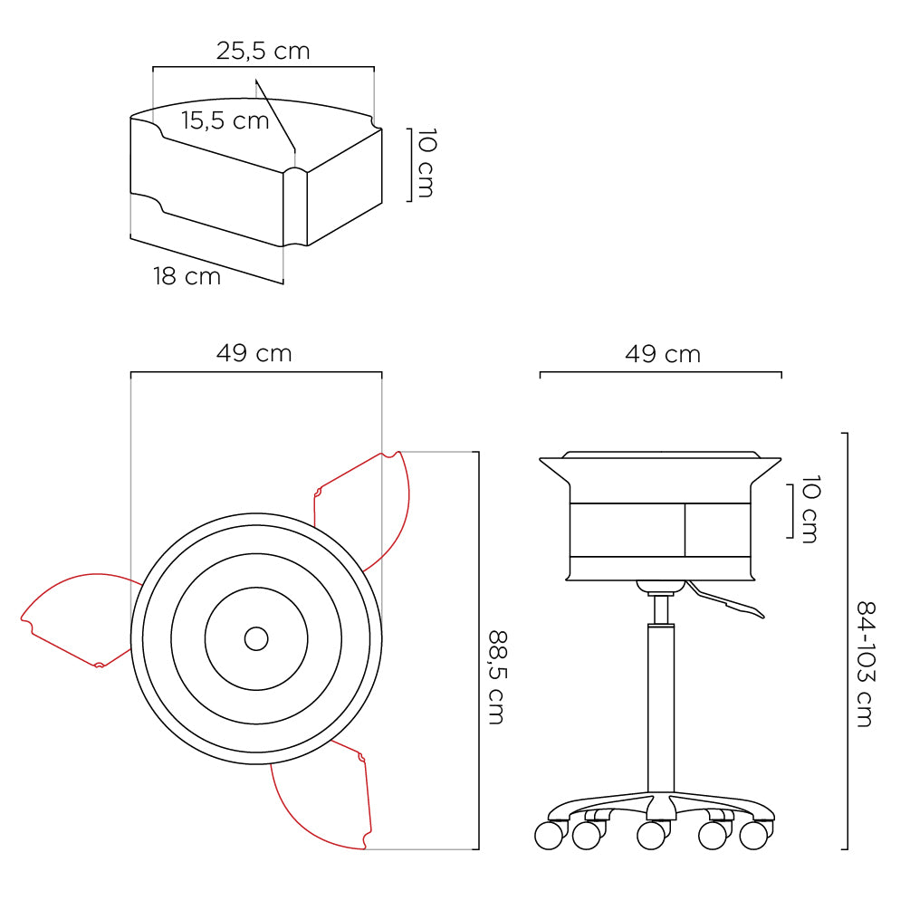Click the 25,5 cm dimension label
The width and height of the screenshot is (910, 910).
(x=263, y=51)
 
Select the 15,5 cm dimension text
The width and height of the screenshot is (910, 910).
(x=225, y=120)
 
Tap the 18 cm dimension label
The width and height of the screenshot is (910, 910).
(x=187, y=276)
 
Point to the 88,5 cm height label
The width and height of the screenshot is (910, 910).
(x=497, y=677)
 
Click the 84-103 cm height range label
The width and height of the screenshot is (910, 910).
(x=866, y=664)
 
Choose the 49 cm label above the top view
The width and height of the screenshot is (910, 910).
(x=254, y=353)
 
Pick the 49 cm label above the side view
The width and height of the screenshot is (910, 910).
(x=663, y=354)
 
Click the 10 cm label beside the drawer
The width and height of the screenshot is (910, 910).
(x=426, y=163)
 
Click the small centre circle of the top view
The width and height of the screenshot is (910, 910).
(x=256, y=639)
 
